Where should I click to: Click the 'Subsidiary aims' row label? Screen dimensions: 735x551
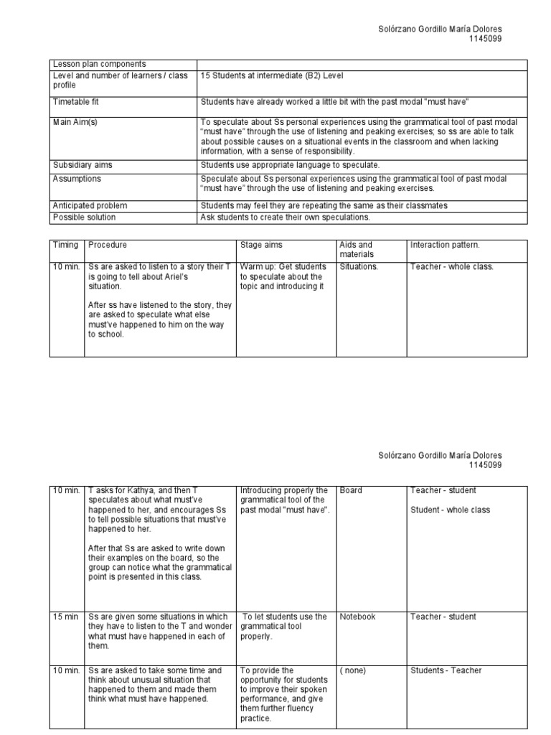coord(83,165)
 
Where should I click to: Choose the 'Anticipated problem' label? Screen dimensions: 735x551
coord(89,205)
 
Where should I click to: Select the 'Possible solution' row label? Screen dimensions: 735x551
coord(84,217)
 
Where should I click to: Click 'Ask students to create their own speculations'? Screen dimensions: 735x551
coord(286,217)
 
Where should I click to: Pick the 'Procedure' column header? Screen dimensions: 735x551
coord(108,245)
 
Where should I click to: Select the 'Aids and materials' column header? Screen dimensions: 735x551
coord(357,249)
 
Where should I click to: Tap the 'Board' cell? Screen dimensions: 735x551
coord(351,490)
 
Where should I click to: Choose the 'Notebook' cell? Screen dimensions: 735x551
coord(357,617)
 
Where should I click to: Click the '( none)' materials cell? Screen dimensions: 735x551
coord(353,670)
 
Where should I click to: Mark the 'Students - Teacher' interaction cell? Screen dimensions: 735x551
coord(446,670)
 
